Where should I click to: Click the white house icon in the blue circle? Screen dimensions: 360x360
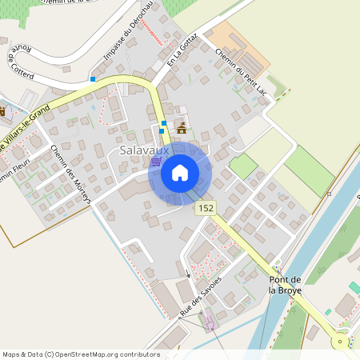179,173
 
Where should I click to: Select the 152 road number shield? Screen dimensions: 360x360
206,207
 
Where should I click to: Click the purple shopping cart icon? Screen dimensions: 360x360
154,161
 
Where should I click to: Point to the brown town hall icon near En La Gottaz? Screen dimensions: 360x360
182,126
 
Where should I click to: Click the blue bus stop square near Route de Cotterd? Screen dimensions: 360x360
93,79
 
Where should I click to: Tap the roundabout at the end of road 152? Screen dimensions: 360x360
342,342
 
